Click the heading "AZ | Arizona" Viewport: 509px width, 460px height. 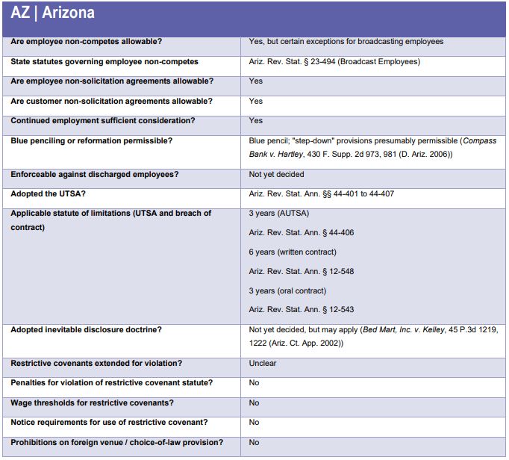52,13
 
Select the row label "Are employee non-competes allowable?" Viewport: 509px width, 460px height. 85,42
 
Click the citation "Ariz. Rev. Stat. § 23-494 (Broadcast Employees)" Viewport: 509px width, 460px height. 334,62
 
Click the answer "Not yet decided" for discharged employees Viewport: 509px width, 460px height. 276,175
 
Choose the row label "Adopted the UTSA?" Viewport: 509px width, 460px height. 49,194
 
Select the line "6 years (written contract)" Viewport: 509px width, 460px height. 293,252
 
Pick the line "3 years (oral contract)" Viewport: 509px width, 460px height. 287,291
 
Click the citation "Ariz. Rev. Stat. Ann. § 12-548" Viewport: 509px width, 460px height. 302,272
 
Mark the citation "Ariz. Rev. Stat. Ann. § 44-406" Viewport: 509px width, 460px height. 302,233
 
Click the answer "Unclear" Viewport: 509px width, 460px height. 263,364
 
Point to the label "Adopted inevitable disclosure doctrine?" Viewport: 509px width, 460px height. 86,330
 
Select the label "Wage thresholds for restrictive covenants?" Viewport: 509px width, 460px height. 92,403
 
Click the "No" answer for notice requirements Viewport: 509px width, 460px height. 254,423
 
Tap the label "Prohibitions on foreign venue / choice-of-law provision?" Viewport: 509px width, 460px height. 116,442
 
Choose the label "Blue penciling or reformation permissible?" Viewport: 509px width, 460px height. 91,140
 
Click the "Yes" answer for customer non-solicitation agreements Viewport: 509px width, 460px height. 256,101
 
